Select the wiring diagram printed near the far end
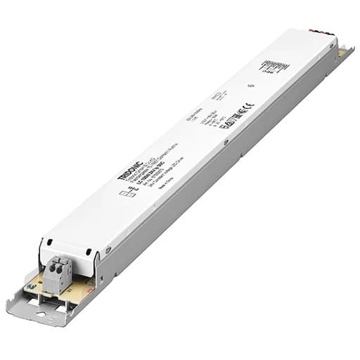pyautogui.click(x=274, y=67)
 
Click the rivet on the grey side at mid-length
pyautogui.click(x=226, y=143)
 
